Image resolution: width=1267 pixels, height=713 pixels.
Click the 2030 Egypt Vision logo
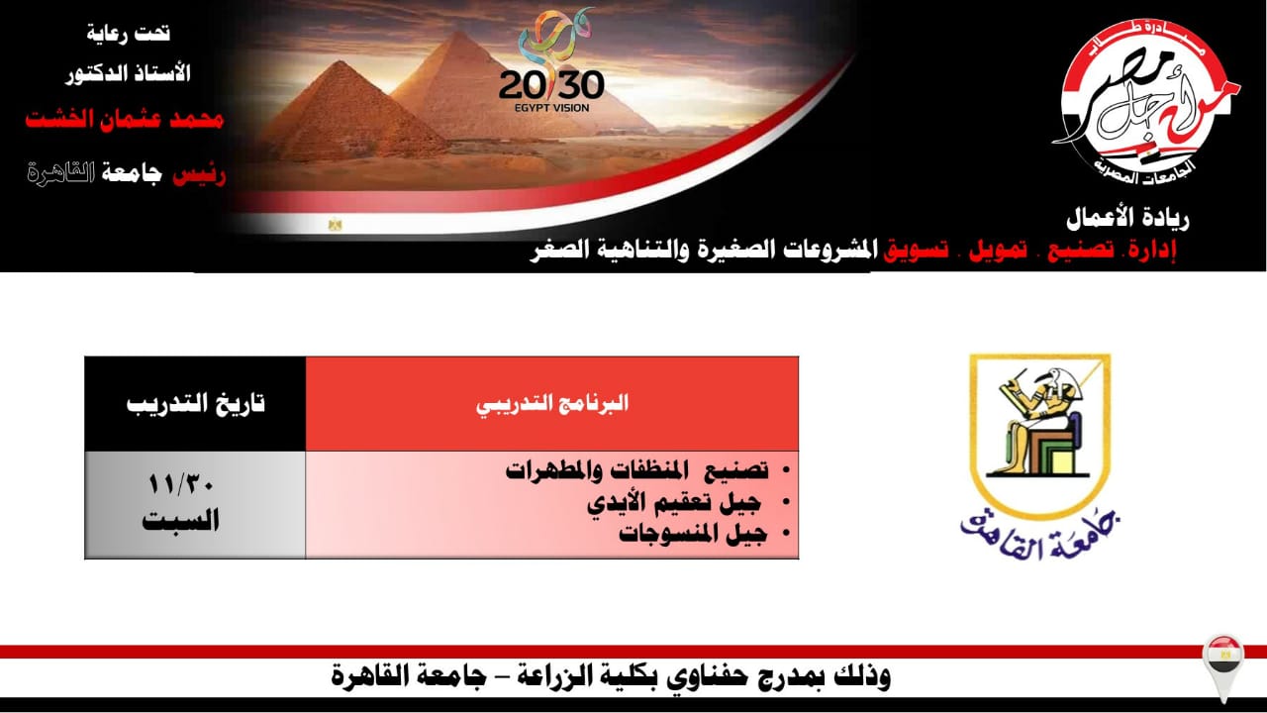click(x=551, y=61)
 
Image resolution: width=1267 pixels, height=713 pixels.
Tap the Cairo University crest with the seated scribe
click(x=1039, y=436)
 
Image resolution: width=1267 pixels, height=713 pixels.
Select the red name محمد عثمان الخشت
click(x=125, y=120)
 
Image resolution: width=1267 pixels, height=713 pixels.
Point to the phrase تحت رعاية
click(x=129, y=34)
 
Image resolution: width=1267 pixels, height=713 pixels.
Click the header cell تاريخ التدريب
click(x=195, y=404)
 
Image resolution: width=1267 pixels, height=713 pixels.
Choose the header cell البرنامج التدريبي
click(x=552, y=404)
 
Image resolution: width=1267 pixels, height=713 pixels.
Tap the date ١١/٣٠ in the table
click(x=180, y=484)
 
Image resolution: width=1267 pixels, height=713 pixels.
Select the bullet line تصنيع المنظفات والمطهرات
click(x=636, y=470)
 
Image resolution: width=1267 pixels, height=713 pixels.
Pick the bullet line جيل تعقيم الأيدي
click(x=674, y=503)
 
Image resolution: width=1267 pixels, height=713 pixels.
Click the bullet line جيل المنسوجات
click(x=693, y=534)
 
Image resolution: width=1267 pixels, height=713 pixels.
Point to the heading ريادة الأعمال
click(x=1127, y=220)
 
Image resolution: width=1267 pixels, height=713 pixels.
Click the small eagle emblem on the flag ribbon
click(x=335, y=225)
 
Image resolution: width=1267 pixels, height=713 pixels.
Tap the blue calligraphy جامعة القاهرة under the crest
click(x=1039, y=538)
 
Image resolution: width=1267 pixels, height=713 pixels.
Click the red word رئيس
click(x=199, y=175)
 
